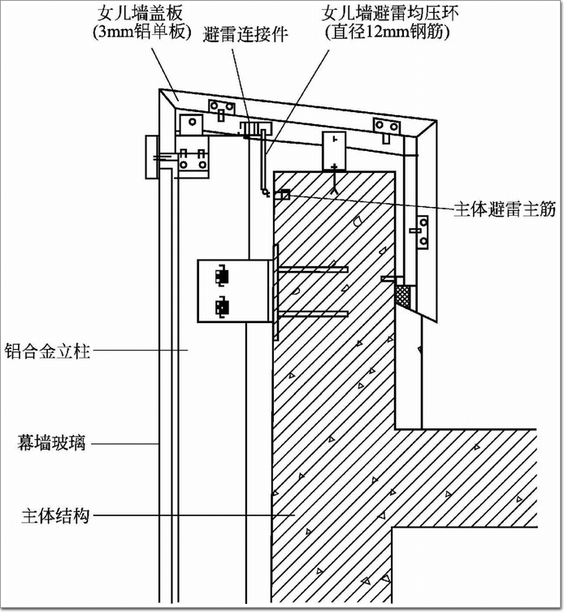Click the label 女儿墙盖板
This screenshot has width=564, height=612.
140,15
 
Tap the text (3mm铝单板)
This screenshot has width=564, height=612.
142,32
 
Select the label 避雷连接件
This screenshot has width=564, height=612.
245,34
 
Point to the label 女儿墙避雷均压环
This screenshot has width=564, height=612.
389,14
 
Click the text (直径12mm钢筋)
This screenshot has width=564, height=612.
388,32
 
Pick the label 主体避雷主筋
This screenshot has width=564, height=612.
505,209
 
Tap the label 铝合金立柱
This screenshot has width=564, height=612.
47,351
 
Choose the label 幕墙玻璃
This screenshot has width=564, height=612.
51,443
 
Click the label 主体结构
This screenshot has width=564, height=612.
55,516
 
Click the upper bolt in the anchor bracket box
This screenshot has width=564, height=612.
221,276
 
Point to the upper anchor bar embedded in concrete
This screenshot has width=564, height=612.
314,269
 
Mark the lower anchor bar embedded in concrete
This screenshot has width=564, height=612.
314,314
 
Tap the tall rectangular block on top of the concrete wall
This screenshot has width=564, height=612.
334,151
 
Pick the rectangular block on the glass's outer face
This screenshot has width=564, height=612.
152,157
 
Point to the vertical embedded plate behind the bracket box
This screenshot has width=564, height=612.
276,291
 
